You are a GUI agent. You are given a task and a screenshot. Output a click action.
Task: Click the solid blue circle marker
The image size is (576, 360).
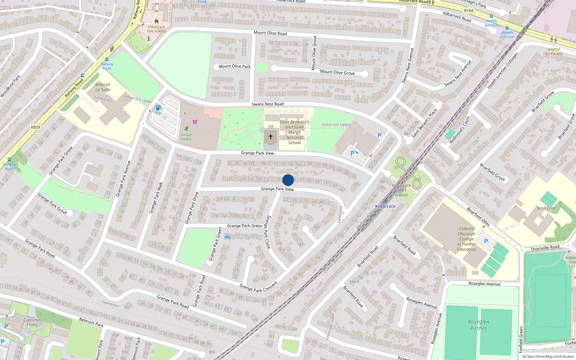click(x=288, y=180)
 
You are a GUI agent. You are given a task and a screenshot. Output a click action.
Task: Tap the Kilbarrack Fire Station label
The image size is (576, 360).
click(x=157, y=29)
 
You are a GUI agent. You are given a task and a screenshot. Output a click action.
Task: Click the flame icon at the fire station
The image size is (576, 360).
click(x=157, y=21)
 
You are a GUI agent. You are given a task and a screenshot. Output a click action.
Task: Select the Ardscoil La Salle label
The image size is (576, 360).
click(x=103, y=87)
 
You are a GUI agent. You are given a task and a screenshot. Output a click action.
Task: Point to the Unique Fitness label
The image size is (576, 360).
click(x=186, y=137)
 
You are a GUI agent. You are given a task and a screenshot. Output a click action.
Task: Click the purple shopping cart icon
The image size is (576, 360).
click(x=195, y=122)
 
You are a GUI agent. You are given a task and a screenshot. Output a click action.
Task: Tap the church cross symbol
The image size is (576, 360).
click(x=271, y=137)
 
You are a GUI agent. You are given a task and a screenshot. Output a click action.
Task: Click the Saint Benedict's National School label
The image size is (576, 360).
click(x=294, y=132)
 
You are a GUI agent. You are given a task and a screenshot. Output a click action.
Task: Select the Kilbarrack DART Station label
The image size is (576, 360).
click(x=401, y=190)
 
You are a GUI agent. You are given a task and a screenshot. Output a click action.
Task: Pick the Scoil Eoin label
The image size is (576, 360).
click(x=546, y=208)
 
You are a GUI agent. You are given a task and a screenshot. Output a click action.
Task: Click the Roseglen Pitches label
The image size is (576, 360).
click(x=478, y=325)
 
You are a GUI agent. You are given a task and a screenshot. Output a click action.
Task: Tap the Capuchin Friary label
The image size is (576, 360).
click(x=32, y=322)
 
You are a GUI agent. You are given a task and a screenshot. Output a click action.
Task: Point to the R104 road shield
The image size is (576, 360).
click(x=469, y=11)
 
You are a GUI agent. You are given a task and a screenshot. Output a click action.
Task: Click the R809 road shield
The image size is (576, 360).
click(x=36, y=127)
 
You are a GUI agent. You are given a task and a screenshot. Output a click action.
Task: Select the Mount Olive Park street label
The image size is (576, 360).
click(x=234, y=66)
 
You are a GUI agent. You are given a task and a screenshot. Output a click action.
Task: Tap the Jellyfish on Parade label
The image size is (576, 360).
click(x=554, y=51)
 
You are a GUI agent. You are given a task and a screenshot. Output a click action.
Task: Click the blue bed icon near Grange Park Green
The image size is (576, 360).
click(x=227, y=237)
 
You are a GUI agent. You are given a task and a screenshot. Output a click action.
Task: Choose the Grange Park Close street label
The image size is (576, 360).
click(x=268, y=232)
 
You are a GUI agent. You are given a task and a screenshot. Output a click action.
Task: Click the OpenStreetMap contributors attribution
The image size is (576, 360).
click(x=548, y=357)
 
